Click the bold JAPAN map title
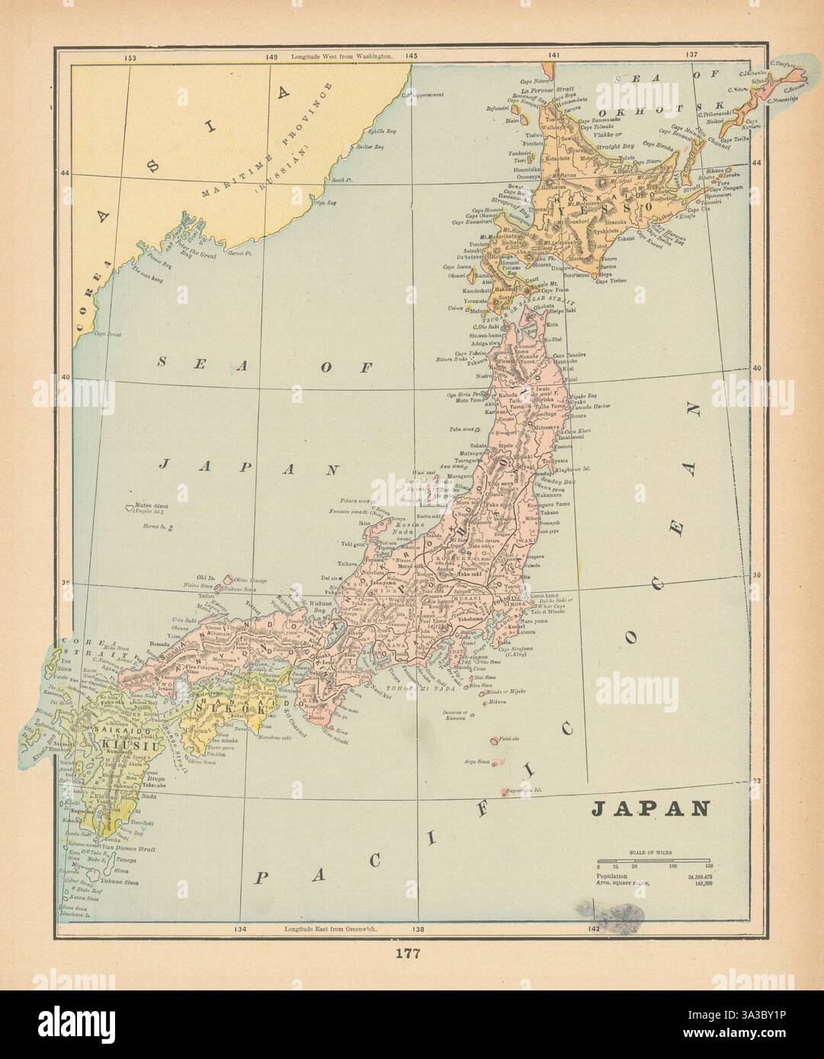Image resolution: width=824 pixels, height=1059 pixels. click(x=651, y=808)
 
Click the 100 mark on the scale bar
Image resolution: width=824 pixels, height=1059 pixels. click(x=672, y=866)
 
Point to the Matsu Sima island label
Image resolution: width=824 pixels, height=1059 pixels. click(x=150, y=506)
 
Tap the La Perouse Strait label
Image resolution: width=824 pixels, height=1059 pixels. click(x=547, y=89)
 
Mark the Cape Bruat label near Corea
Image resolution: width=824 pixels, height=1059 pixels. click(x=108, y=334)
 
